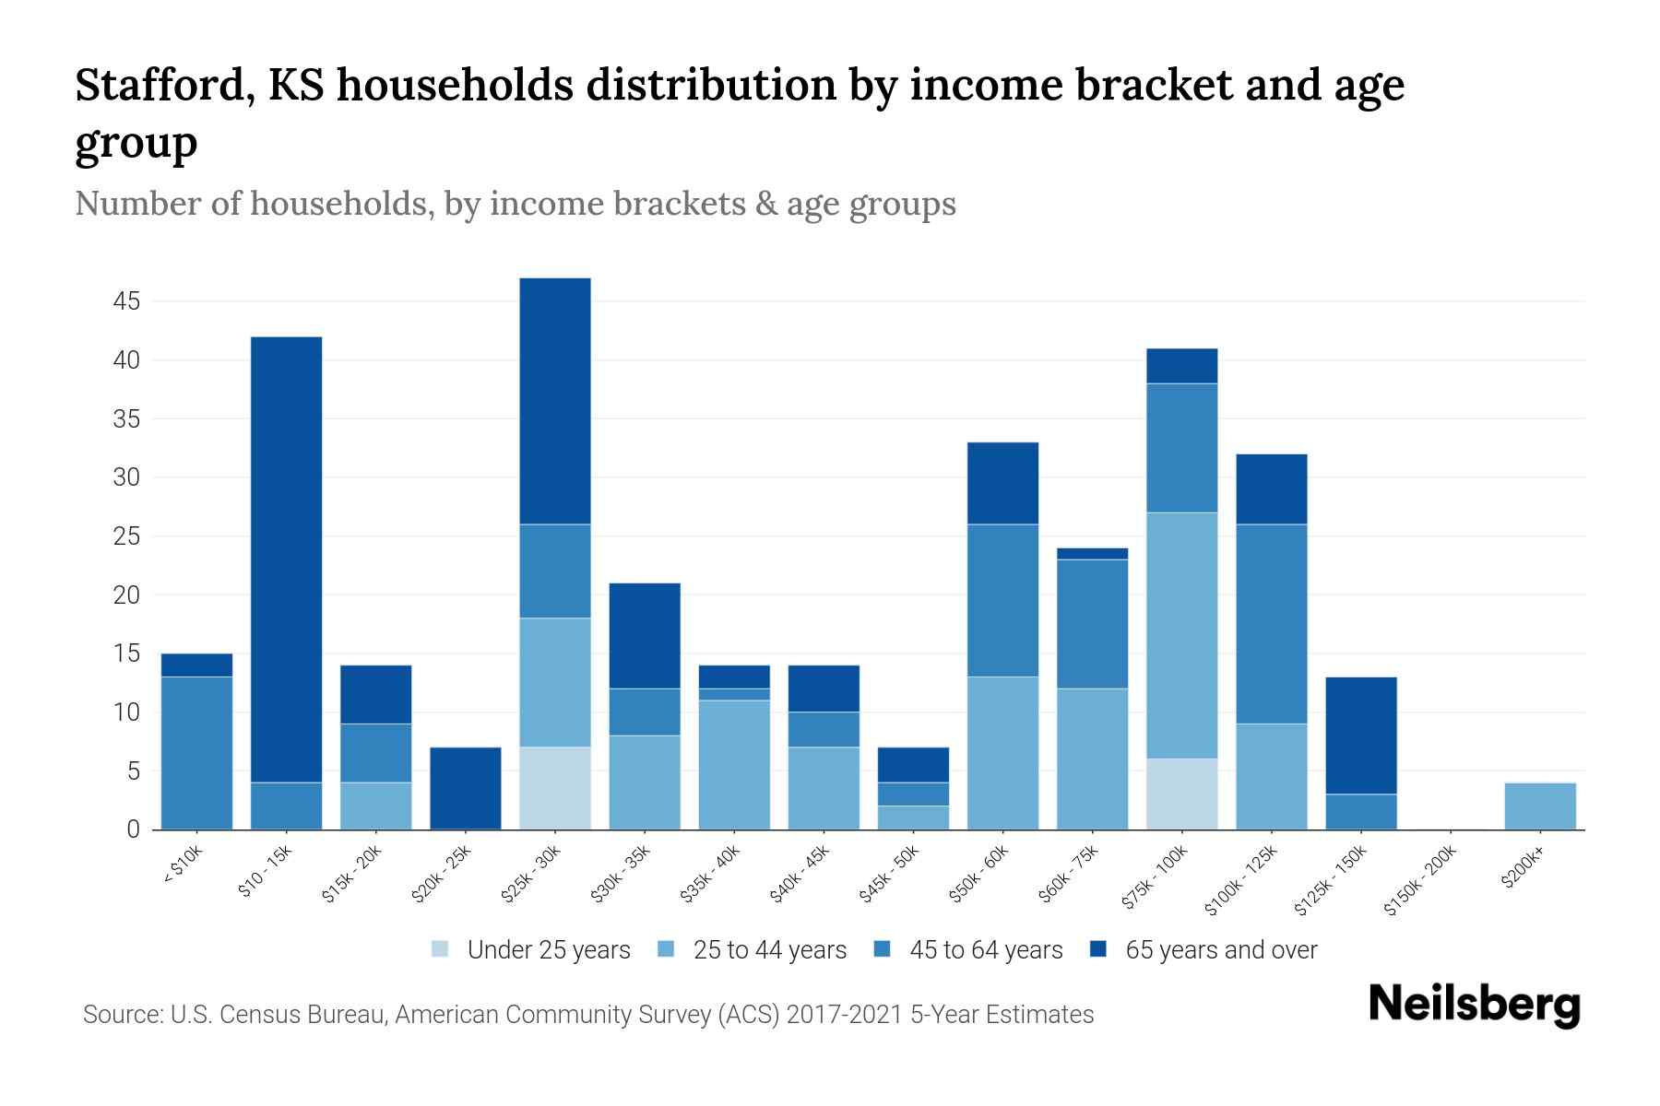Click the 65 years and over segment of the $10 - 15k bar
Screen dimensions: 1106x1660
(x=287, y=559)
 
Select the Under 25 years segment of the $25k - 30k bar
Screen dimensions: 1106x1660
(x=555, y=788)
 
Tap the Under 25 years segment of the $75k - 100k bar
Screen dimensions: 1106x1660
(x=1181, y=794)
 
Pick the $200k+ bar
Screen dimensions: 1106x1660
(x=1539, y=806)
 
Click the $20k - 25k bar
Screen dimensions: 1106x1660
(x=466, y=788)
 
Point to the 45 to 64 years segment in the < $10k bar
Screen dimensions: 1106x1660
(x=196, y=753)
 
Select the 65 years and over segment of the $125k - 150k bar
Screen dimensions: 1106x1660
(x=1360, y=735)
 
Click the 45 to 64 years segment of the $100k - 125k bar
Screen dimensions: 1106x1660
(x=1271, y=624)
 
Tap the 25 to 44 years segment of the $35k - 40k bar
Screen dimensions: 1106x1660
(x=734, y=765)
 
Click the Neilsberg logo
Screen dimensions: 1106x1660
(x=1474, y=1005)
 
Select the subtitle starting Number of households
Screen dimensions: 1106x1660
(x=515, y=204)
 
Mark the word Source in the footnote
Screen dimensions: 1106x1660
(x=121, y=1015)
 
